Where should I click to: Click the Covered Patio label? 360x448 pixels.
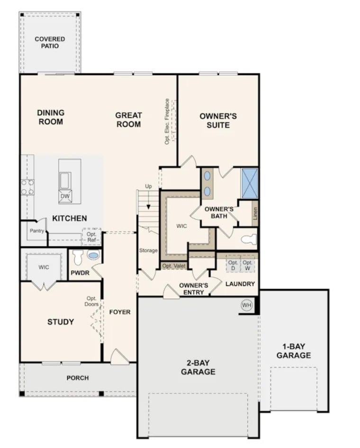(50, 42)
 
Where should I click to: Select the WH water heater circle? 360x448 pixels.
(246, 305)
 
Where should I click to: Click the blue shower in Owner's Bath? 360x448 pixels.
(249, 183)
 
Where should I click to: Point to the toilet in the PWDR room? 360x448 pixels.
(78, 257)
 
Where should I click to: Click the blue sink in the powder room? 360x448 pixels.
(93, 256)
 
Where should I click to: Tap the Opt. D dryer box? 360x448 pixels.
(233, 265)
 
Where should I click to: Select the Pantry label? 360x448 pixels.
(37, 230)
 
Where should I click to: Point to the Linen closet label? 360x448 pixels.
(255, 213)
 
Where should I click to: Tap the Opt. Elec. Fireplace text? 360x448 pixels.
(167, 122)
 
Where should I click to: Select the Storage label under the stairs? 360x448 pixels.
(148, 250)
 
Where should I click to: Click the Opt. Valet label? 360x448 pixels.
(174, 266)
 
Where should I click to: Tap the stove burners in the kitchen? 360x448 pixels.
(27, 187)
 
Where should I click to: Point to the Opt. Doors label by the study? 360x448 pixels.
(91, 301)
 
